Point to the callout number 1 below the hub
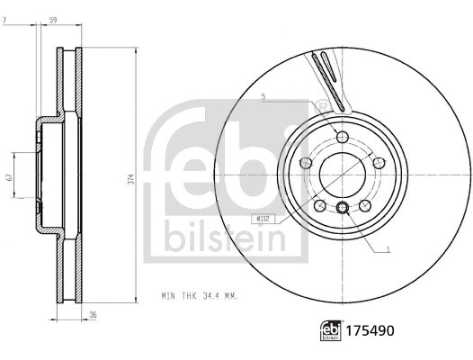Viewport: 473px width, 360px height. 388,249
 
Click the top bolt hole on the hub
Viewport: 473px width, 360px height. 342,136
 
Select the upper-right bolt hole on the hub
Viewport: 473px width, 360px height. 379,162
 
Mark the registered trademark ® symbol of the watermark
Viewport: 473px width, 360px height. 322,107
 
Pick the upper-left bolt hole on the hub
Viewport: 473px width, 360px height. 306,162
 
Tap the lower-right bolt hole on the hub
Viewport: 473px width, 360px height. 364,205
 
